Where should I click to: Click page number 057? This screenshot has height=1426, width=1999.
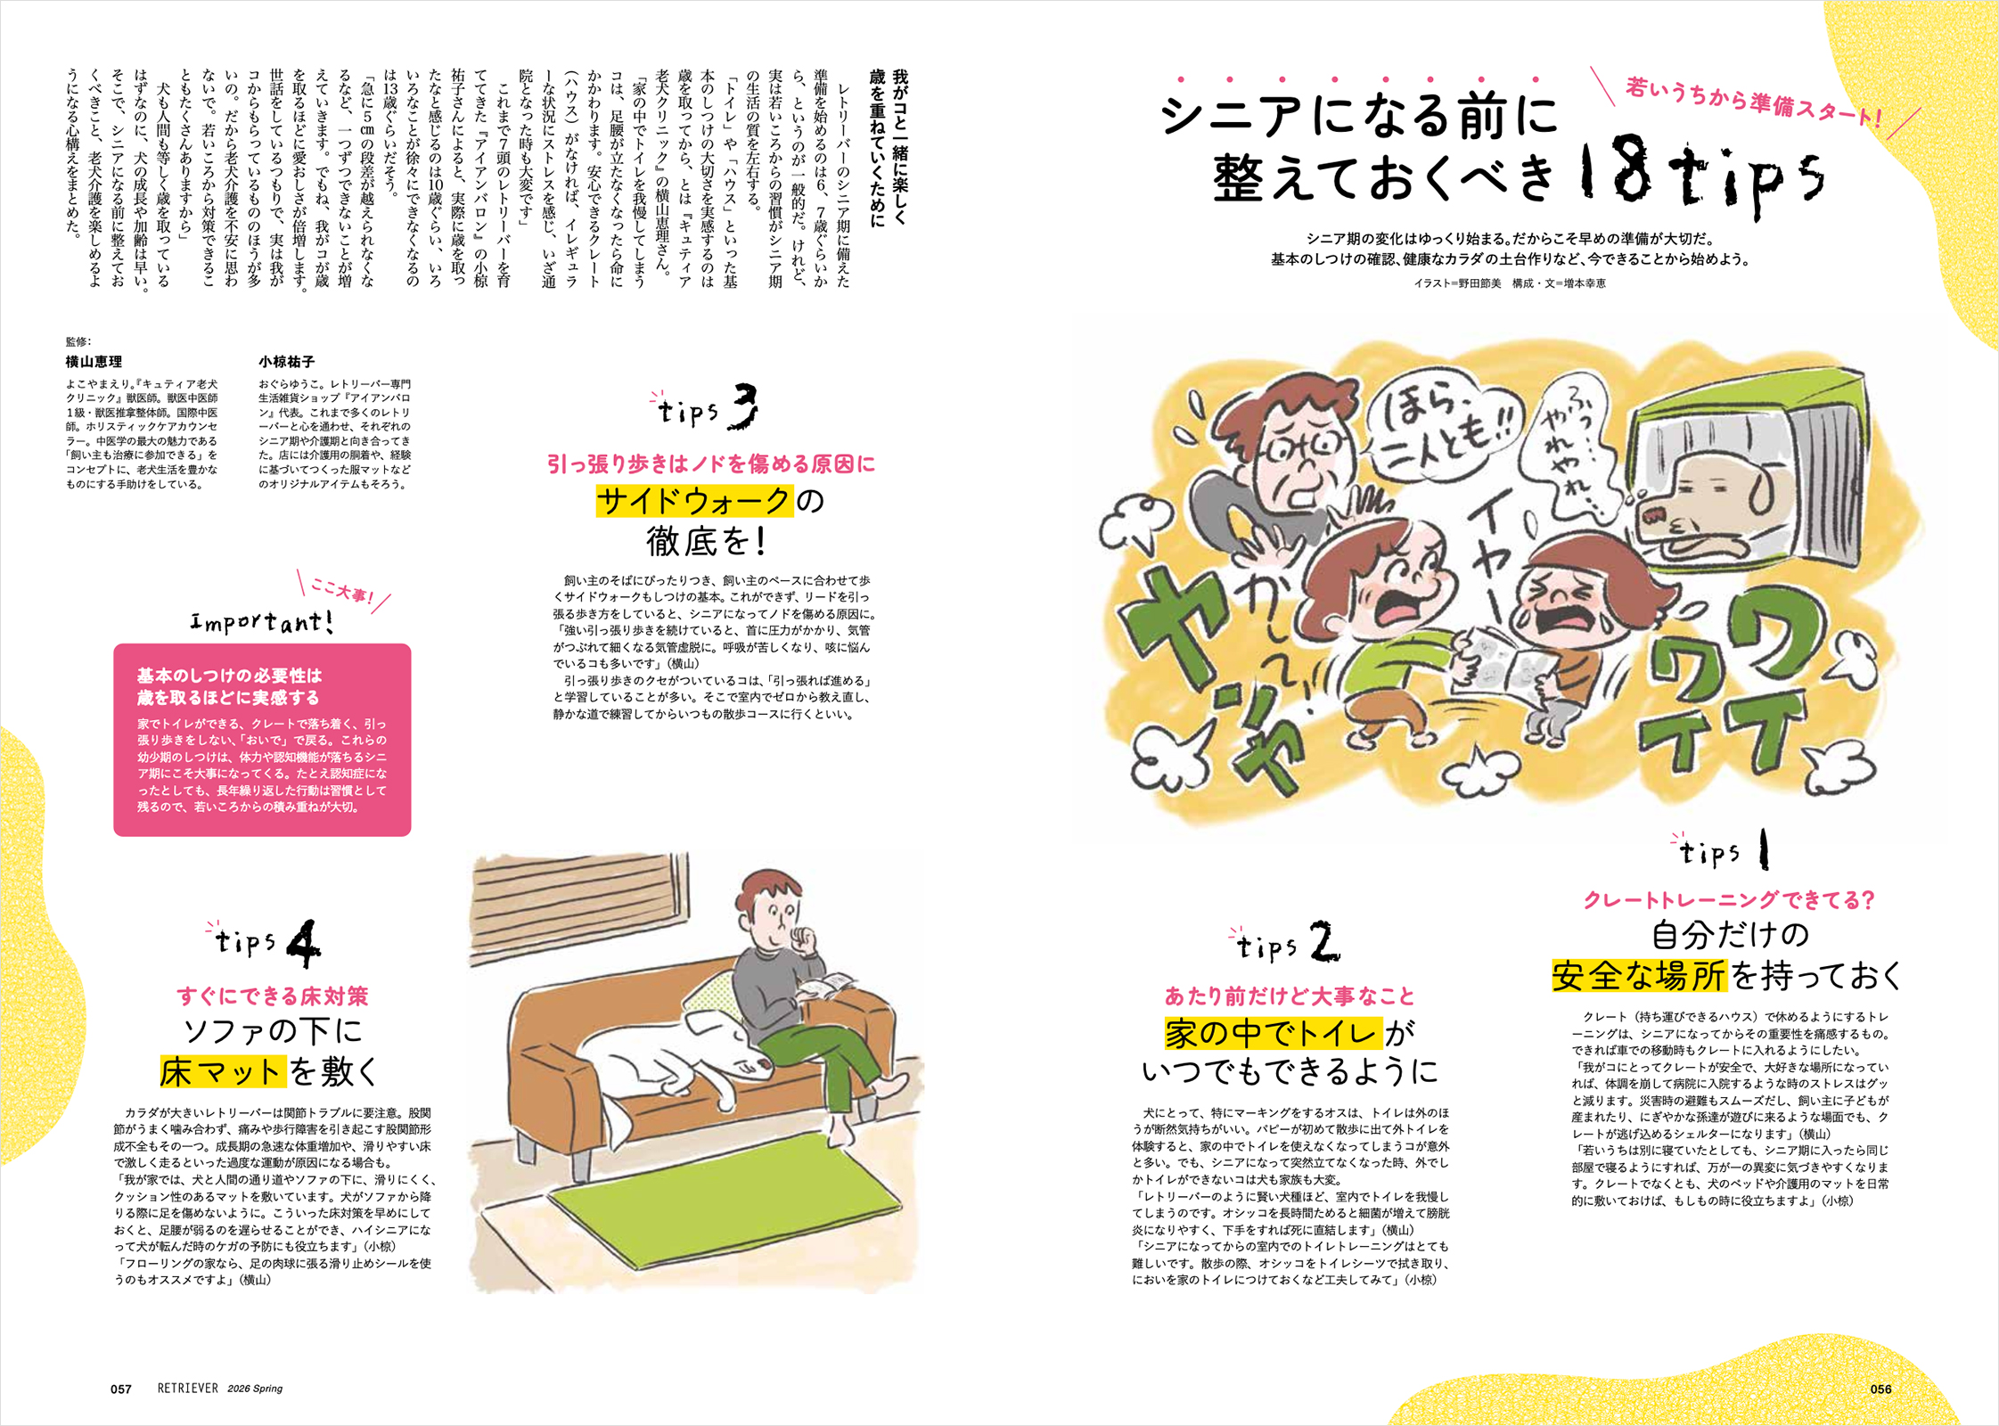coord(121,1389)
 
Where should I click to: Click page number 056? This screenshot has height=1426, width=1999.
coord(1880,1389)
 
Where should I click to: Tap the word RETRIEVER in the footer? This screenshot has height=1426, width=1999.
coord(188,1389)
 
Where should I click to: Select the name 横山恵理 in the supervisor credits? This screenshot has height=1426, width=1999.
coord(94,362)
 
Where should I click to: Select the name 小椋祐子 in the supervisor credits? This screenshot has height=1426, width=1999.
coord(287,362)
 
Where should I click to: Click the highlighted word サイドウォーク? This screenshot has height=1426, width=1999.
coord(693,501)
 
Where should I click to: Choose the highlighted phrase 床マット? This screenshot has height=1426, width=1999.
coord(223,1071)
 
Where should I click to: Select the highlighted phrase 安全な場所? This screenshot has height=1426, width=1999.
coord(1639,976)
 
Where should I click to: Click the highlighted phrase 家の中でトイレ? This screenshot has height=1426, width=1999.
coord(1274,1034)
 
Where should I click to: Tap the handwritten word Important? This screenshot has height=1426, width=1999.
coord(262,621)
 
